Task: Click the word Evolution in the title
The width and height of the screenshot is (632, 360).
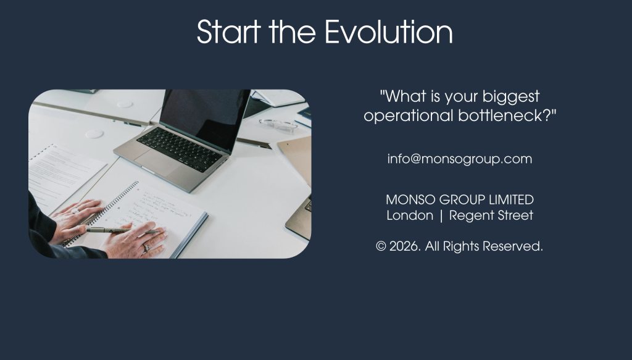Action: pyautogui.click(x=389, y=31)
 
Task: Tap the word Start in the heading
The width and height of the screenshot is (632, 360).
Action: pyautogui.click(x=228, y=31)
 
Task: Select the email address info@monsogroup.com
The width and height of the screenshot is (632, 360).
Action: pyautogui.click(x=459, y=159)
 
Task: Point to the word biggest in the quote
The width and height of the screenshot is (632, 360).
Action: pyautogui.click(x=510, y=97)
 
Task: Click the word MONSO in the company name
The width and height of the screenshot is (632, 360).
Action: pyautogui.click(x=410, y=199)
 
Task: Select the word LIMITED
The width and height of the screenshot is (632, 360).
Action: pyautogui.click(x=511, y=199)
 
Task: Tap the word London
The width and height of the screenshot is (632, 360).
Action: pyautogui.click(x=410, y=216)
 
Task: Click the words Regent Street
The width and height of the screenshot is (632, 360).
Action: pyautogui.click(x=491, y=216)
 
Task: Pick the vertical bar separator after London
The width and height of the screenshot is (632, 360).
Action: pyautogui.click(x=441, y=216)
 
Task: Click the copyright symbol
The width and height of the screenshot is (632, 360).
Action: pyautogui.click(x=381, y=246)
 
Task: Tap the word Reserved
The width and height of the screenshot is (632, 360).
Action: pyautogui.click(x=513, y=246)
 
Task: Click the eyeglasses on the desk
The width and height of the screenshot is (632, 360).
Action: pyautogui.click(x=278, y=125)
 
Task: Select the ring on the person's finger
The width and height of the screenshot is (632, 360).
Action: pyautogui.click(x=146, y=247)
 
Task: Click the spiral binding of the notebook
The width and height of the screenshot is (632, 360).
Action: pyautogui.click(x=103, y=212)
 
